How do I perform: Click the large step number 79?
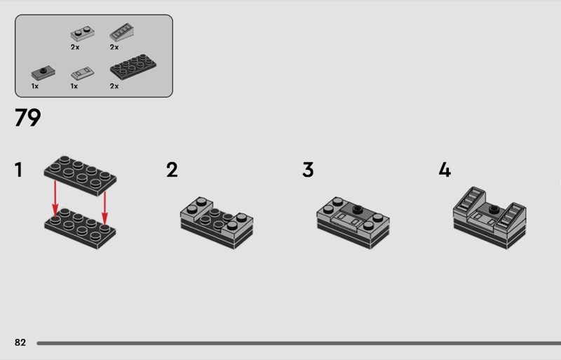tap(28, 117)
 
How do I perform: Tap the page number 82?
tap(20, 342)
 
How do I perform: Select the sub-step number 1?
tap(19, 170)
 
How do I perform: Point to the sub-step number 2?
tap(172, 170)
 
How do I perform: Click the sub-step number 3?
tap(308, 170)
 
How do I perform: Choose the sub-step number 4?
tap(445, 170)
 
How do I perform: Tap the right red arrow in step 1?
tap(104, 208)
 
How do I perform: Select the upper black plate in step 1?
tap(80, 175)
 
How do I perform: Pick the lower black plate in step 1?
tap(80, 228)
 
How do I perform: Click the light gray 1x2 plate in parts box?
tap(83, 33)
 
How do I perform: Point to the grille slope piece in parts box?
tap(121, 32)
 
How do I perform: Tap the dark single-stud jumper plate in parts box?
tap(43, 73)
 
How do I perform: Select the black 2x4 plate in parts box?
tap(133, 67)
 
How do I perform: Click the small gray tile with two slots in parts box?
tap(83, 73)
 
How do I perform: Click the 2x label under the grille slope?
tap(114, 47)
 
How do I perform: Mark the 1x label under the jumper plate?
tap(34, 86)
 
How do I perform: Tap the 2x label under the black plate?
tap(114, 86)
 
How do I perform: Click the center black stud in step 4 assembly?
tap(494, 208)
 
